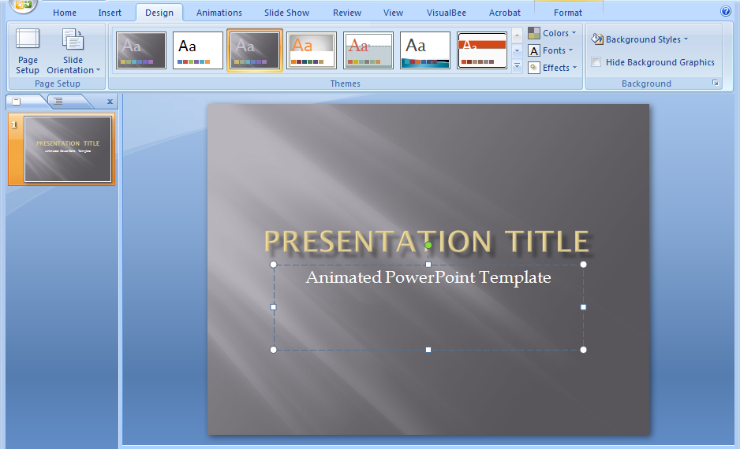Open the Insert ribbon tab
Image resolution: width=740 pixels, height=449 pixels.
click(x=110, y=13)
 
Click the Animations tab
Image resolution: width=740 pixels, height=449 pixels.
click(x=219, y=13)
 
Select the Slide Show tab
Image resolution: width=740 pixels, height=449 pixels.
click(x=287, y=13)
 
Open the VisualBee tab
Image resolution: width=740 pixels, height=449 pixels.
click(x=446, y=13)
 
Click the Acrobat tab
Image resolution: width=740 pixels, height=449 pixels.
click(x=505, y=13)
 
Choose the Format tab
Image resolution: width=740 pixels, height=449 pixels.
click(x=568, y=13)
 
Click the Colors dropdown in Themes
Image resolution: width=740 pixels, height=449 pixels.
click(x=552, y=33)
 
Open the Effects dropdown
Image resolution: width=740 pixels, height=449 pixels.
click(x=552, y=68)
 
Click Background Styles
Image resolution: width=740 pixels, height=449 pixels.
click(x=641, y=39)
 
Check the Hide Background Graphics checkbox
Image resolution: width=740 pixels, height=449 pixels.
click(x=596, y=62)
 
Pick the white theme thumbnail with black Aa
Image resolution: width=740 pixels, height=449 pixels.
click(x=198, y=50)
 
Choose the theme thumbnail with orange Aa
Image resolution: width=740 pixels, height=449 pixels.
click(x=312, y=50)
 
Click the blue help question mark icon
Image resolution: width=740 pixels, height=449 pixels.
click(x=726, y=12)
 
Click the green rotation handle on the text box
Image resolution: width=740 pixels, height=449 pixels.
click(x=428, y=246)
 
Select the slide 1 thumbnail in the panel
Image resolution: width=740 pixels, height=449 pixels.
click(x=67, y=150)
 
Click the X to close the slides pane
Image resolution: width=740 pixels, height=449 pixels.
click(x=110, y=102)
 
